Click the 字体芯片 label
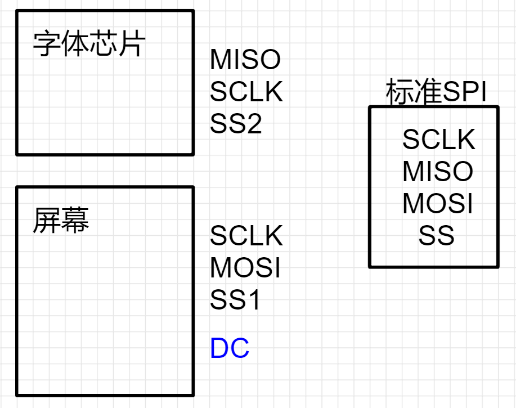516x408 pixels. [89, 44]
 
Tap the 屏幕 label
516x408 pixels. [61, 220]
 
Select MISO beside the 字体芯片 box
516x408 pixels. [245, 60]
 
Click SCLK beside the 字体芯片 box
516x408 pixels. [246, 92]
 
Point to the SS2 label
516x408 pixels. [236, 124]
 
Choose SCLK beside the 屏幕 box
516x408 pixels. [246, 236]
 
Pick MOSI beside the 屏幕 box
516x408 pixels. [245, 268]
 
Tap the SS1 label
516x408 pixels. [236, 301]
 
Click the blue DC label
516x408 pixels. [230, 349]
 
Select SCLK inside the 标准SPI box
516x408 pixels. [439, 140]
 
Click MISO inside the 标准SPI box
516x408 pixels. [438, 172]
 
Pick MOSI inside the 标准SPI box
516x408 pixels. [438, 204]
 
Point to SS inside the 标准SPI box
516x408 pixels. [436, 236]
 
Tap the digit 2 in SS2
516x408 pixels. [254, 124]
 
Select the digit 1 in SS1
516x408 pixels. [254, 301]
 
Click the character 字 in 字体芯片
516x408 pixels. [47, 44]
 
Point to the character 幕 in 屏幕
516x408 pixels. [75, 220]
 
